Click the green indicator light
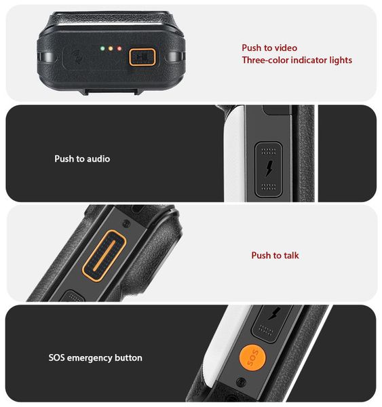coord(102,48)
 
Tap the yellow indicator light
coord(111,48)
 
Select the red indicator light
coord(119,48)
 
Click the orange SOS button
coord(252,357)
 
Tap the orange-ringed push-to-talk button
coord(104,256)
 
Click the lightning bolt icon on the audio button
coord(269,168)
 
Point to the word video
coord(286,47)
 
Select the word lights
coord(341,60)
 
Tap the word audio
coord(98,159)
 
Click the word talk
coord(291,255)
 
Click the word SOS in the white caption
coord(56,357)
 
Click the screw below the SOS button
coord(242,382)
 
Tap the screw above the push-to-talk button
coord(126,223)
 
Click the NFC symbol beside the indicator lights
coord(77,56)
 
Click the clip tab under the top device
coord(111,92)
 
